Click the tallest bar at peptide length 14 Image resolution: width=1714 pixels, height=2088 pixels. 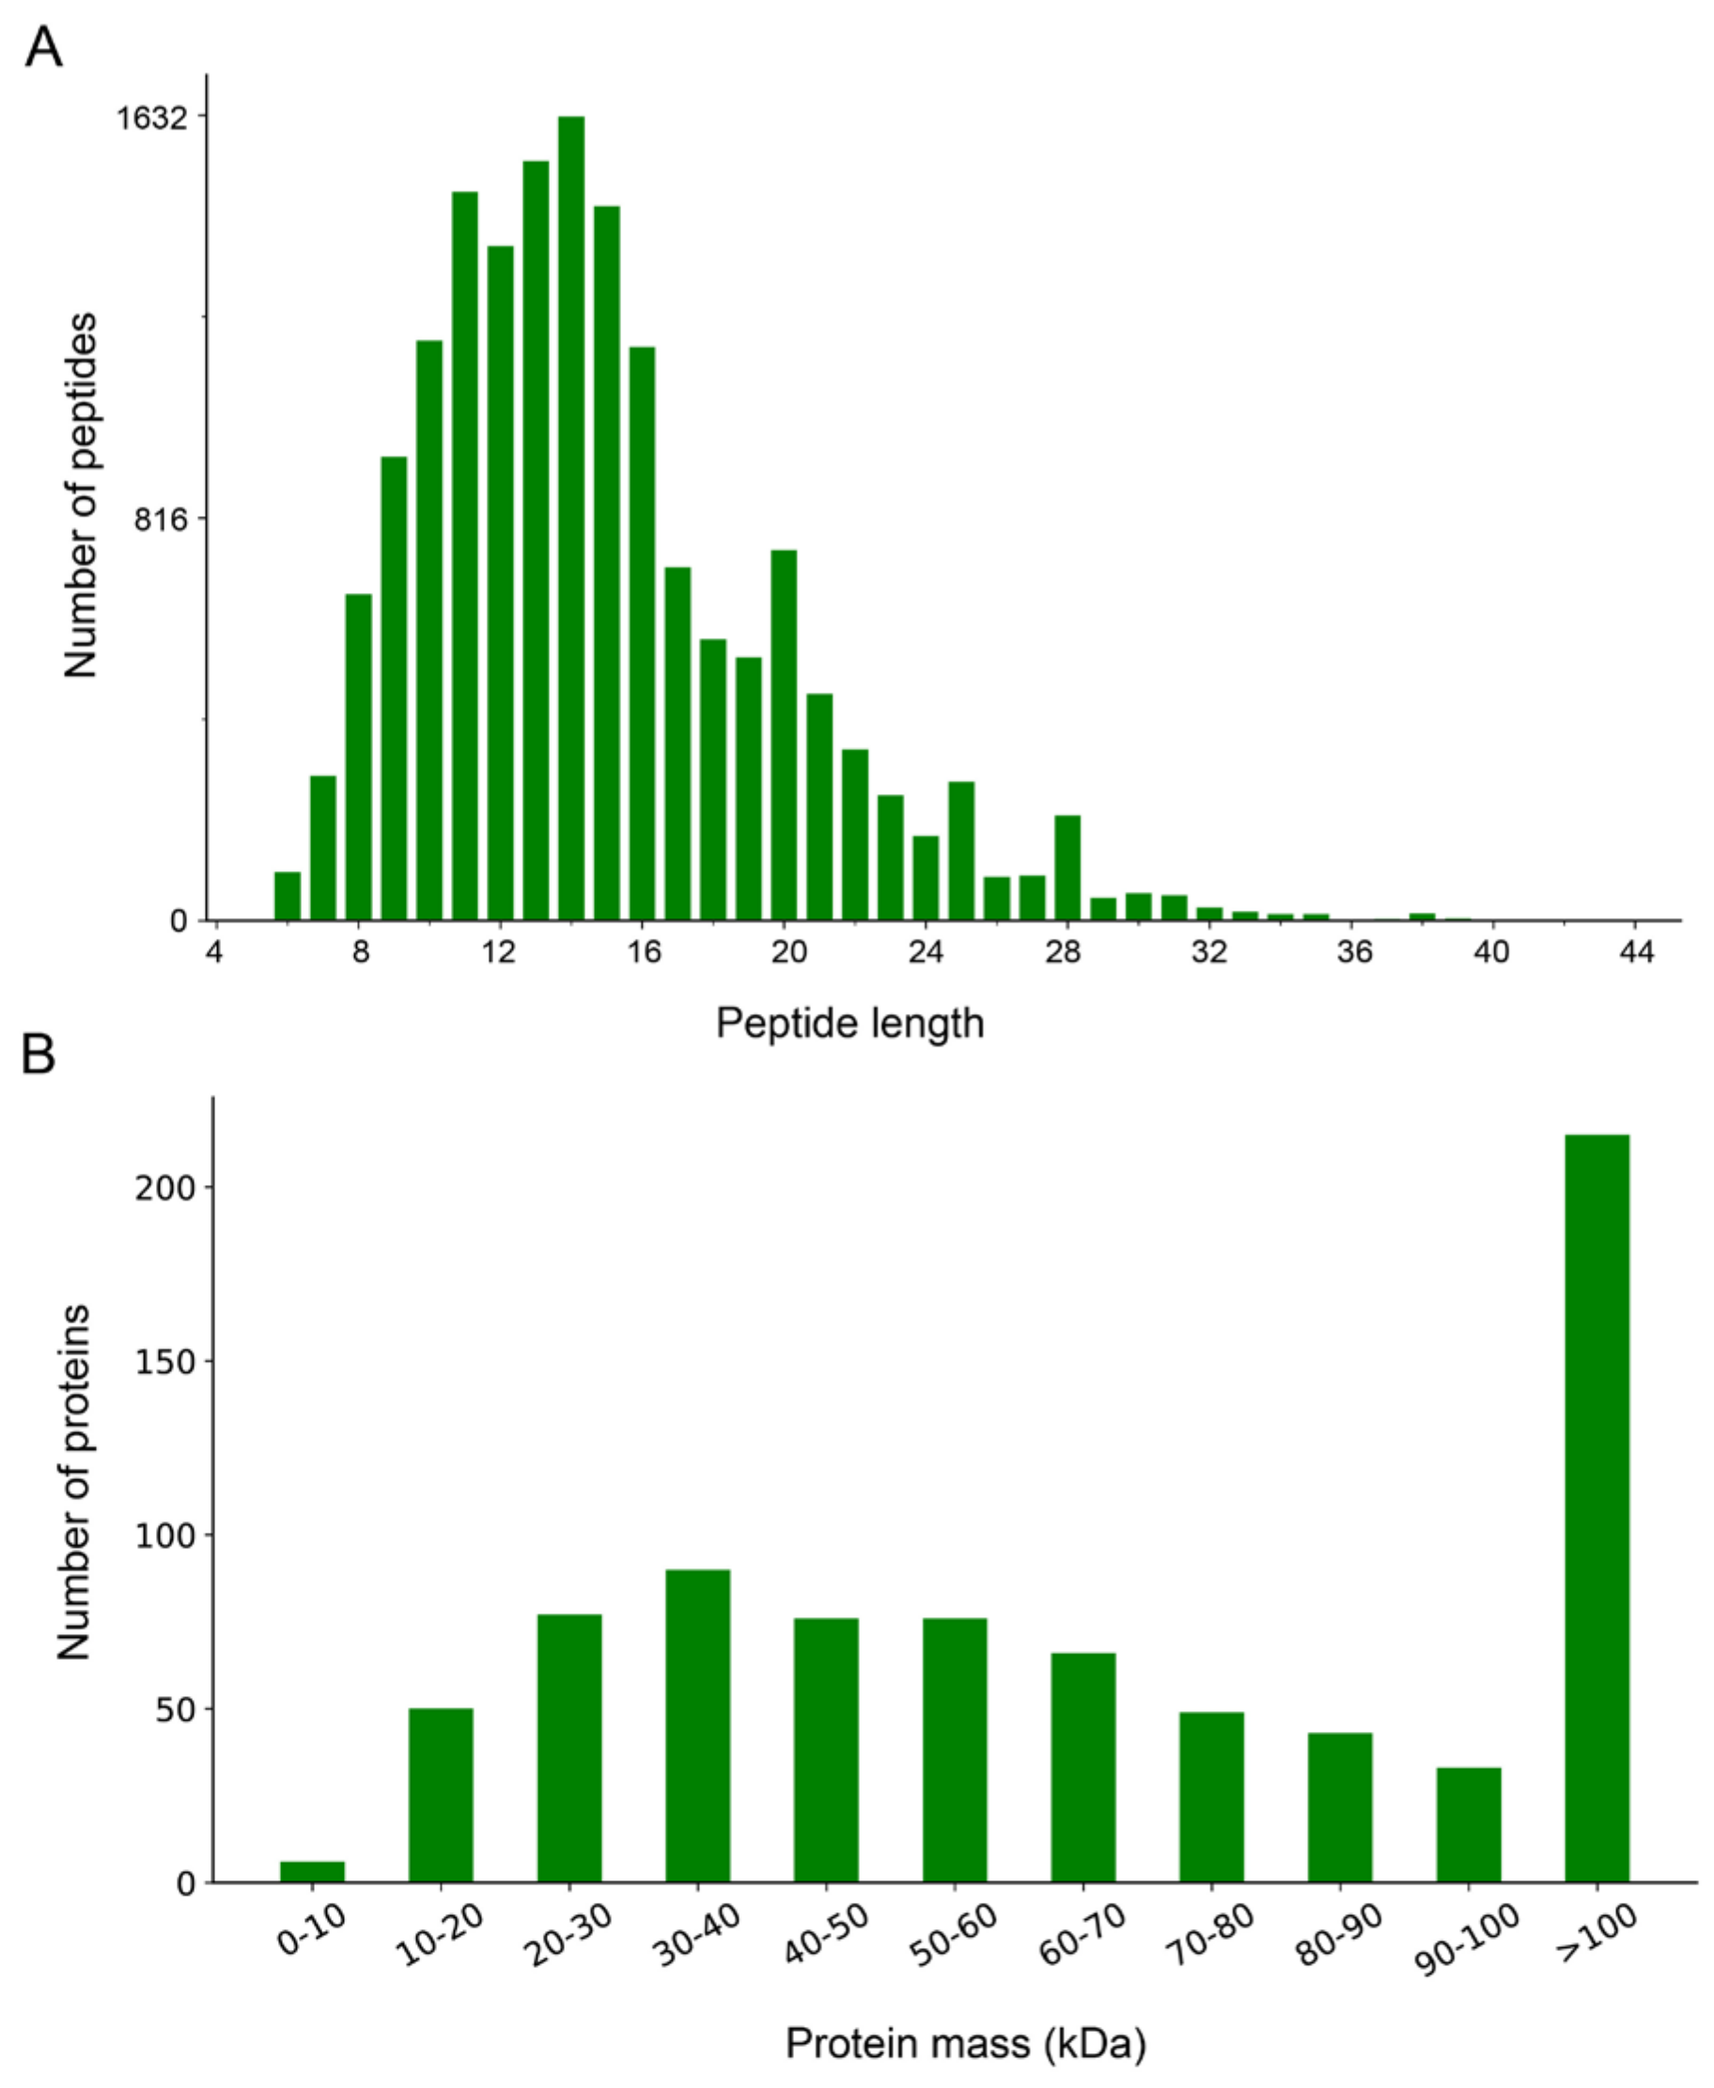[x=570, y=519]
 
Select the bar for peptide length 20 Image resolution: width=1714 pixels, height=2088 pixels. [x=784, y=736]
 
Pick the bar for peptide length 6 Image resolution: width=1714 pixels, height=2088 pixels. [x=288, y=896]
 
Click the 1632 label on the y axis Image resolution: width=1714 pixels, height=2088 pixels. [x=151, y=118]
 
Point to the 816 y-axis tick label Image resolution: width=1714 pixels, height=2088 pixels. [x=160, y=520]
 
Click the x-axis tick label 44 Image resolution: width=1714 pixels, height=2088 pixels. [x=1636, y=952]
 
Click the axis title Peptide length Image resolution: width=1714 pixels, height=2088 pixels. [x=849, y=1022]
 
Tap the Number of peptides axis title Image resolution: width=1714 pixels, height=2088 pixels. [x=81, y=495]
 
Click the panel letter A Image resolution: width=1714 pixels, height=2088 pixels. [x=43, y=46]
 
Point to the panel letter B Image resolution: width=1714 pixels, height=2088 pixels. [x=39, y=1054]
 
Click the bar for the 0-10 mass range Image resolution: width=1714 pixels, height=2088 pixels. [x=312, y=1872]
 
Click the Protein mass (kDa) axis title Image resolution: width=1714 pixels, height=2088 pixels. [x=965, y=2043]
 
